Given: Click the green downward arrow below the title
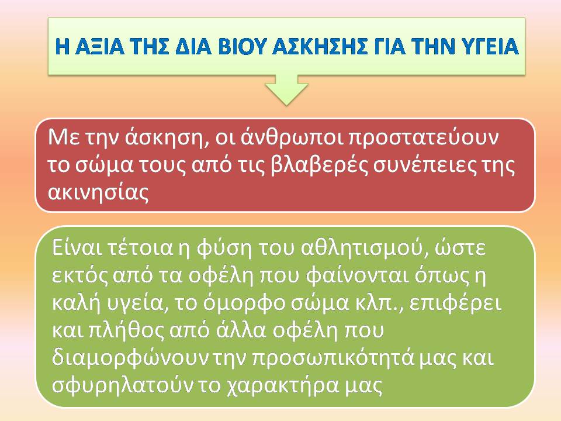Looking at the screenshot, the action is click(286, 90).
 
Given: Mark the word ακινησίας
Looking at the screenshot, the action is click(98, 192).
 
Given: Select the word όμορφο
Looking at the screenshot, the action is click(243, 303).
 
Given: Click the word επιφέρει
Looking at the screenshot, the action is click(455, 303).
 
